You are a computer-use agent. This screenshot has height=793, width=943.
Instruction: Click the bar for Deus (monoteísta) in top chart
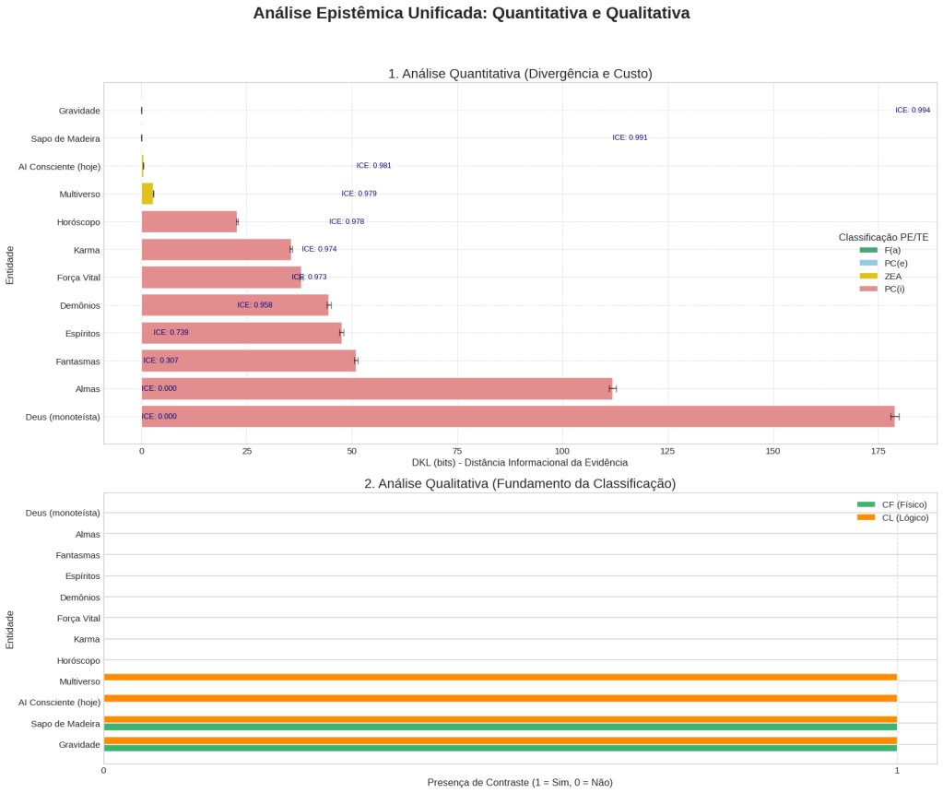(x=517, y=417)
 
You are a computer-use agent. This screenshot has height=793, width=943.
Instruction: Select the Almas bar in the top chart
(x=376, y=389)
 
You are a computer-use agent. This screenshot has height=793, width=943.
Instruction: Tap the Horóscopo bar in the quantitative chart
(x=189, y=222)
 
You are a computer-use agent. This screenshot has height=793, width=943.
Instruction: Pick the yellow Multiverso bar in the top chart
(x=147, y=194)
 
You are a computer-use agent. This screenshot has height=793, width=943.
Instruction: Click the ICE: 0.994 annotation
(x=913, y=111)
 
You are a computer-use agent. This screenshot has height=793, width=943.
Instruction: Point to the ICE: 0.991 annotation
(x=630, y=138)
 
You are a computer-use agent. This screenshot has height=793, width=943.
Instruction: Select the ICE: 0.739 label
(x=171, y=332)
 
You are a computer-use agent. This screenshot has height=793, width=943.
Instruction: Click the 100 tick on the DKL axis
(x=562, y=451)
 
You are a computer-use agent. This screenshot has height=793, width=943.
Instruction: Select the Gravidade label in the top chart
(x=78, y=111)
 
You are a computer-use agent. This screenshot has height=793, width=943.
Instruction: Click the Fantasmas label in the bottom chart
(x=77, y=555)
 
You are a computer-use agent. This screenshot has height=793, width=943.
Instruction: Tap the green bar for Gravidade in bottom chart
(x=500, y=748)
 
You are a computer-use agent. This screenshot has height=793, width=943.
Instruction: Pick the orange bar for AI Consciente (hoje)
(x=500, y=698)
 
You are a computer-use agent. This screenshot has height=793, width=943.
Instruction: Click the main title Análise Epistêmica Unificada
(x=471, y=14)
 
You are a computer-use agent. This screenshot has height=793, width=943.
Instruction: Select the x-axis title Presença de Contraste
(x=519, y=783)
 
